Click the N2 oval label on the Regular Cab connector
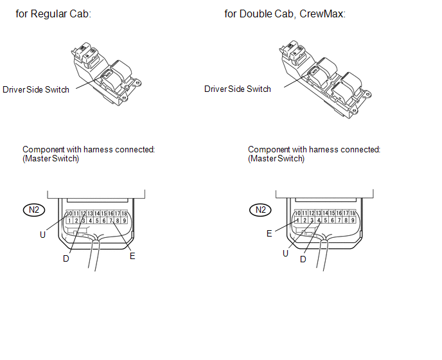[x=33, y=210]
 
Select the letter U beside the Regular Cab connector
[x=42, y=235]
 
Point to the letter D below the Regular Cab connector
[x=66, y=258]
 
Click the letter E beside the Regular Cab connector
[x=132, y=256]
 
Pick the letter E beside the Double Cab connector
[x=270, y=233]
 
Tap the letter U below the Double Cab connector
[x=286, y=253]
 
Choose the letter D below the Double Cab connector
[x=303, y=259]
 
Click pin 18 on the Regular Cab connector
[x=125, y=213]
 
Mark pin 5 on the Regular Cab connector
[x=97, y=221]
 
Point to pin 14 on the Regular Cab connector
[x=97, y=213]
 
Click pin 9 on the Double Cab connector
[x=353, y=221]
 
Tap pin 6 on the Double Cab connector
[x=332, y=221]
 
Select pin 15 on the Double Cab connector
[x=332, y=213]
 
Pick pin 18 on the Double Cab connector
[x=353, y=213]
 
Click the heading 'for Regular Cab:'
[x=53, y=14]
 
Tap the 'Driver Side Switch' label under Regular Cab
[x=36, y=89]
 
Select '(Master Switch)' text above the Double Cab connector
[x=276, y=158]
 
